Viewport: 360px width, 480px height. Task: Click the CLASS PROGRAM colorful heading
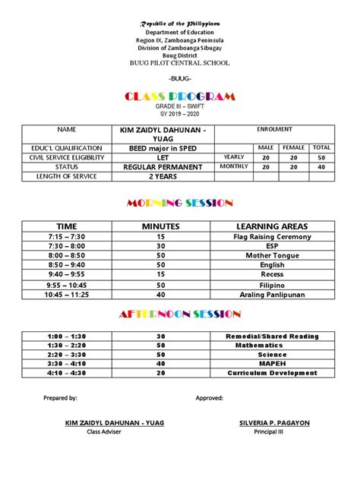(179, 96)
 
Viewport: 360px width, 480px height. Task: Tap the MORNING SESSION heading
(179, 203)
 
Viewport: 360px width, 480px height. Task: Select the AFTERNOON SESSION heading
(179, 314)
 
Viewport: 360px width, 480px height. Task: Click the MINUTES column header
(160, 226)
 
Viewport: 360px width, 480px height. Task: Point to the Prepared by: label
(61, 397)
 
